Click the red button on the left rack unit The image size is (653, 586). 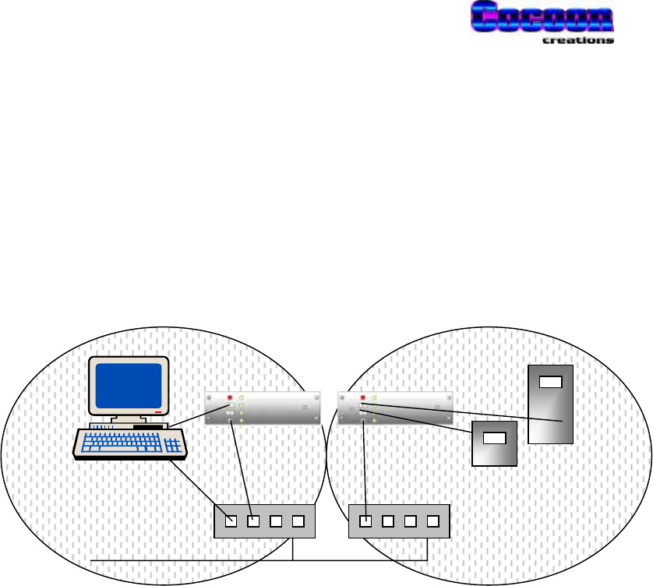coord(230,398)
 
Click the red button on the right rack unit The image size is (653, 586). coord(362,398)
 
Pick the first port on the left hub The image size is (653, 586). coord(230,521)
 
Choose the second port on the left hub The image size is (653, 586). coord(252,521)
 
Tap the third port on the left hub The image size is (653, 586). coord(275,521)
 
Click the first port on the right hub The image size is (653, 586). coord(365,521)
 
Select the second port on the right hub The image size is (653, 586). coord(387,521)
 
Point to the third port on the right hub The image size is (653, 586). coord(410,521)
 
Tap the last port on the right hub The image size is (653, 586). coord(432,521)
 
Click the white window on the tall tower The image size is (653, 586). coord(550,382)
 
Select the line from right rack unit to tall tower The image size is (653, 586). coord(468,412)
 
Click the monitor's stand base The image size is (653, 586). coord(129,425)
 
